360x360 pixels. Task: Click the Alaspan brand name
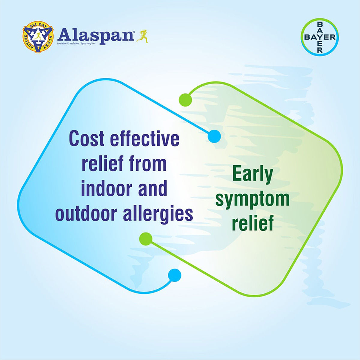click(95, 35)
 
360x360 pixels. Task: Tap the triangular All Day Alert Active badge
click(38, 37)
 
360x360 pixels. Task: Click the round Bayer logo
click(320, 37)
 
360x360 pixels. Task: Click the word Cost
click(87, 139)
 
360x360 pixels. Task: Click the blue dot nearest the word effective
click(214, 136)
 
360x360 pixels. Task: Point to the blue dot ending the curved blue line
click(175, 275)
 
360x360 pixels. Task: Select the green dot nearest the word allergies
click(146, 238)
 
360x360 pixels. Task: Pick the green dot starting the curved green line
click(185, 100)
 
